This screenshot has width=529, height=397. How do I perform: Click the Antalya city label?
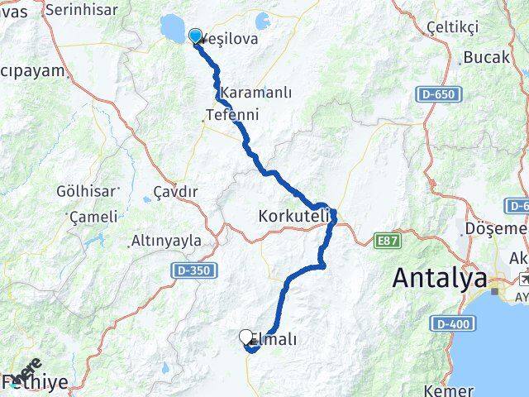point(439,279)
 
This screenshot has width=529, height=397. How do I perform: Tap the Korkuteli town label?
point(294,216)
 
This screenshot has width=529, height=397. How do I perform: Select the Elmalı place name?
point(273,339)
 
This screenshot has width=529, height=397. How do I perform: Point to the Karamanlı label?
point(256,93)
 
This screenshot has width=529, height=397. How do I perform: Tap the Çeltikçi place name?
point(452,28)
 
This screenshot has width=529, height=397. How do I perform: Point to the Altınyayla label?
point(166,242)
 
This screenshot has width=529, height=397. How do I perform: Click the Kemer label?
point(449,390)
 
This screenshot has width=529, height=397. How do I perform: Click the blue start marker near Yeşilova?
point(196,36)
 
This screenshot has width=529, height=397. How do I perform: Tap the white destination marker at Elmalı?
point(245,337)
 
